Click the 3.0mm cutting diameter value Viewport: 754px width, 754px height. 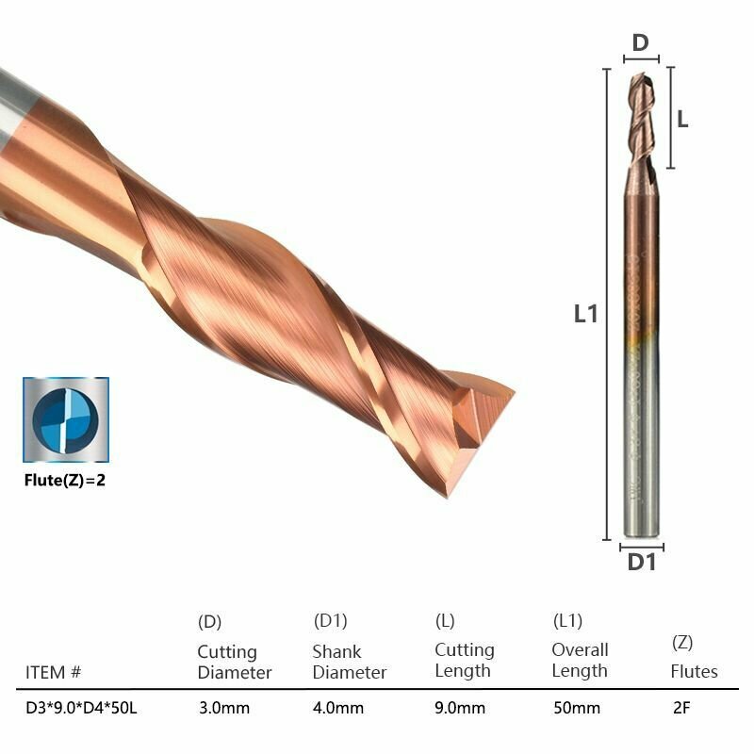point(224,708)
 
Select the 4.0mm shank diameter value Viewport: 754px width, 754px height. point(338,708)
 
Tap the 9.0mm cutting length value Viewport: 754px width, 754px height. point(460,708)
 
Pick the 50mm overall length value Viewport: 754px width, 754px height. point(577,708)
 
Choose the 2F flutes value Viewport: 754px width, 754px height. point(681,708)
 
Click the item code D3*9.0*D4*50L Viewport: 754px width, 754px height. point(81,708)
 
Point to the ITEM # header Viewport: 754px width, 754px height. point(53,672)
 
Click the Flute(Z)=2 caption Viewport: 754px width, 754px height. point(65,480)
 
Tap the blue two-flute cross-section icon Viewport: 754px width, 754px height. point(66,419)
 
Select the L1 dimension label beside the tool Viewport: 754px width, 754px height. point(585,314)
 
